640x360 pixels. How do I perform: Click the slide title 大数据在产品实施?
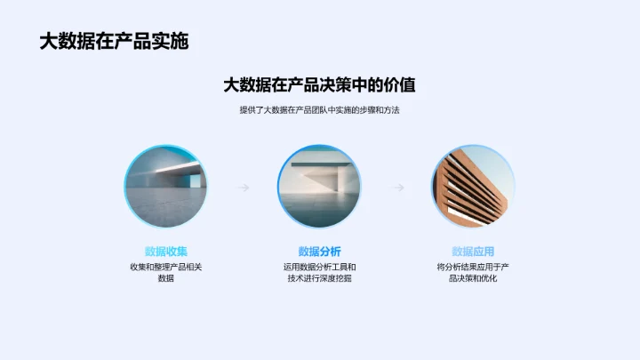[x=114, y=41]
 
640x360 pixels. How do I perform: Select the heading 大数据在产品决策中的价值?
[x=320, y=85]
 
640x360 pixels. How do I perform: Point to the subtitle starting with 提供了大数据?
[x=320, y=110]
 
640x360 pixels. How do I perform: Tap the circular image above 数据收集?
[x=165, y=186]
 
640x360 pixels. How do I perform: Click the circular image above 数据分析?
[x=320, y=186]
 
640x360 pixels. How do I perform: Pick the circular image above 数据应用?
[x=474, y=186]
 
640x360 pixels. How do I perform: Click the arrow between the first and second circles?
[x=243, y=188]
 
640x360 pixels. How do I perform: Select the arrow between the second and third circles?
[x=397, y=188]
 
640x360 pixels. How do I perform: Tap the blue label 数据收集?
[x=165, y=251]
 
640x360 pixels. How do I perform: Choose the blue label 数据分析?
[x=320, y=251]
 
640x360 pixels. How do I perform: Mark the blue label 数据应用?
[x=474, y=251]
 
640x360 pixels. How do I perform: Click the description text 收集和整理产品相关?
[x=165, y=267]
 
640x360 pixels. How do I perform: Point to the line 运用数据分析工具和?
[x=320, y=267]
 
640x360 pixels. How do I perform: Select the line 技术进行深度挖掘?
[x=320, y=278]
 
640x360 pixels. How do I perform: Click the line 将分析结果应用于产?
[x=474, y=267]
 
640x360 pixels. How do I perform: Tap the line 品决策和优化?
[x=474, y=278]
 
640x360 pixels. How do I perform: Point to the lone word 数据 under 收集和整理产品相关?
[x=165, y=278]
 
